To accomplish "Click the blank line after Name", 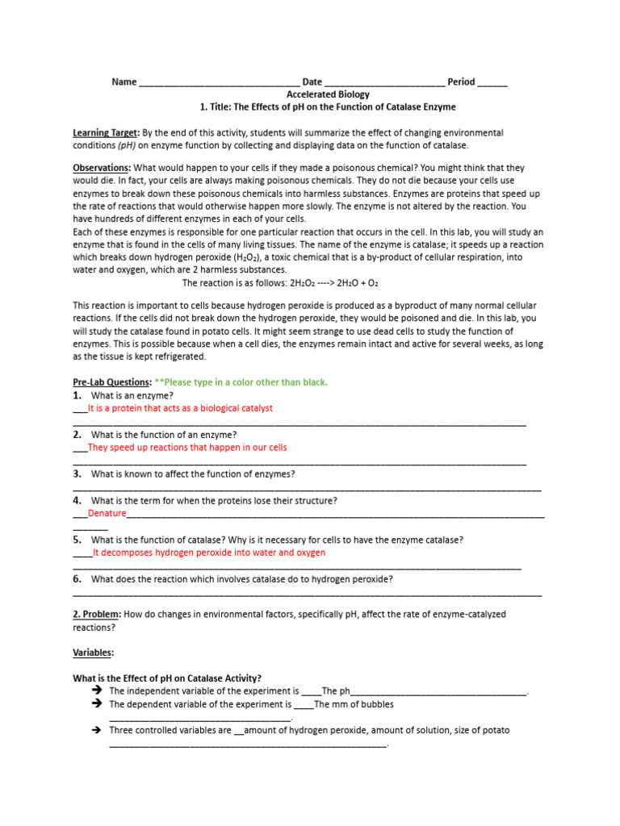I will [x=219, y=82].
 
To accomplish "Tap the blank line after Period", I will [x=492, y=82].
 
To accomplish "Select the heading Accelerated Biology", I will [x=328, y=94].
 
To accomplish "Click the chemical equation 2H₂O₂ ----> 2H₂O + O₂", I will [x=280, y=283].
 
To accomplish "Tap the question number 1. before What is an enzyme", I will [x=77, y=396].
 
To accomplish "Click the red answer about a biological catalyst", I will [x=180, y=408].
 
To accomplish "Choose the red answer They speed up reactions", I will [x=186, y=447].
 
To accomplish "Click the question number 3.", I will [x=77, y=474].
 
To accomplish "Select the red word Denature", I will [x=107, y=513].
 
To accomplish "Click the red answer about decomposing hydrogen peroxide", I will [x=209, y=553].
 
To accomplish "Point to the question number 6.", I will [x=77, y=579].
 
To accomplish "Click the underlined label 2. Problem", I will [x=97, y=615].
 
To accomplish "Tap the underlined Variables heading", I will [x=93, y=653].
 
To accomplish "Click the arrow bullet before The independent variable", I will [x=96, y=691].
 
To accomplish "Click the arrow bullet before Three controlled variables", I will [x=96, y=730].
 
